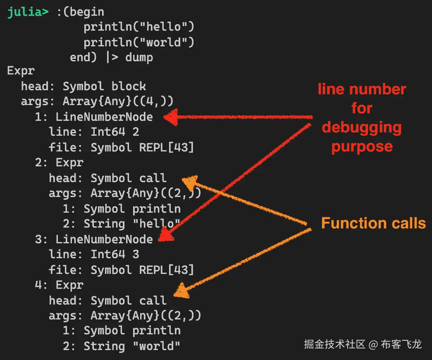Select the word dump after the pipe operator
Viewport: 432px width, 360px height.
click(x=139, y=57)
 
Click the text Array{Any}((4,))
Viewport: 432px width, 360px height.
click(x=118, y=102)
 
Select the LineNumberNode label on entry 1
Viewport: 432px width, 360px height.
click(x=104, y=117)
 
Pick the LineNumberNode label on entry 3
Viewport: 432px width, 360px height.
click(x=104, y=239)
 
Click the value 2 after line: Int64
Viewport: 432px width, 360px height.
click(x=136, y=132)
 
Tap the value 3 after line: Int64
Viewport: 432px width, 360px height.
click(x=136, y=254)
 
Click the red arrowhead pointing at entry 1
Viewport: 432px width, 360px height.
click(x=170, y=117)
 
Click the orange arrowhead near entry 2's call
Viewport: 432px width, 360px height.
click(x=190, y=182)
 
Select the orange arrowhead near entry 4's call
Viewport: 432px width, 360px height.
click(x=181, y=291)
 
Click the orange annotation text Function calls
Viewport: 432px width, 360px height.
click(x=373, y=223)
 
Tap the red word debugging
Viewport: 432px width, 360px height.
click(x=362, y=127)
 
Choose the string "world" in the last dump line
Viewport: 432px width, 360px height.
click(x=156, y=346)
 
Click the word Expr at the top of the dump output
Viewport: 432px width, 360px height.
click(x=21, y=71)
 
